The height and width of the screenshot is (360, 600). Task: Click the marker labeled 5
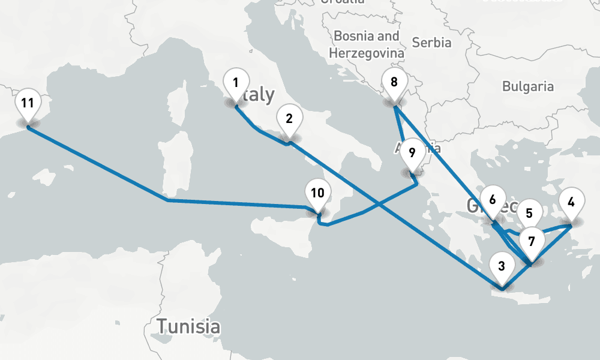click(529, 214)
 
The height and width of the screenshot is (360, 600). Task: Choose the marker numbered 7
click(531, 242)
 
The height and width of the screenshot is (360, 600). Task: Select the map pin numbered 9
click(412, 152)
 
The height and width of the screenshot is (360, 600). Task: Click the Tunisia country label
click(188, 327)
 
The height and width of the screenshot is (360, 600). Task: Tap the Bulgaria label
click(528, 86)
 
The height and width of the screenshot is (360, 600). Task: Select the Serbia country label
click(432, 43)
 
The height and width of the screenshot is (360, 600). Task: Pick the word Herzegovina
click(366, 53)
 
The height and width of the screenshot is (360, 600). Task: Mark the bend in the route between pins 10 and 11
click(167, 200)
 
